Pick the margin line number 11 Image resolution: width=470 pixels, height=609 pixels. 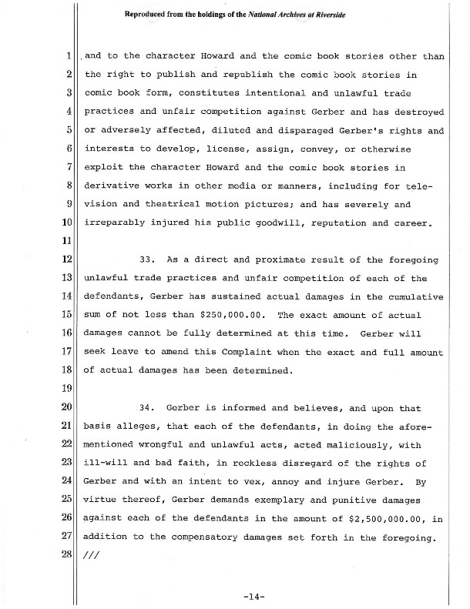coord(68,240)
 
